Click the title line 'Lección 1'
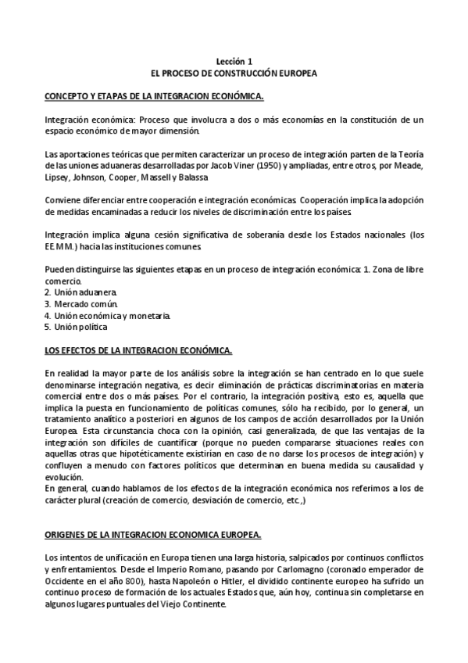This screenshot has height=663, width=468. [x=234, y=60]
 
